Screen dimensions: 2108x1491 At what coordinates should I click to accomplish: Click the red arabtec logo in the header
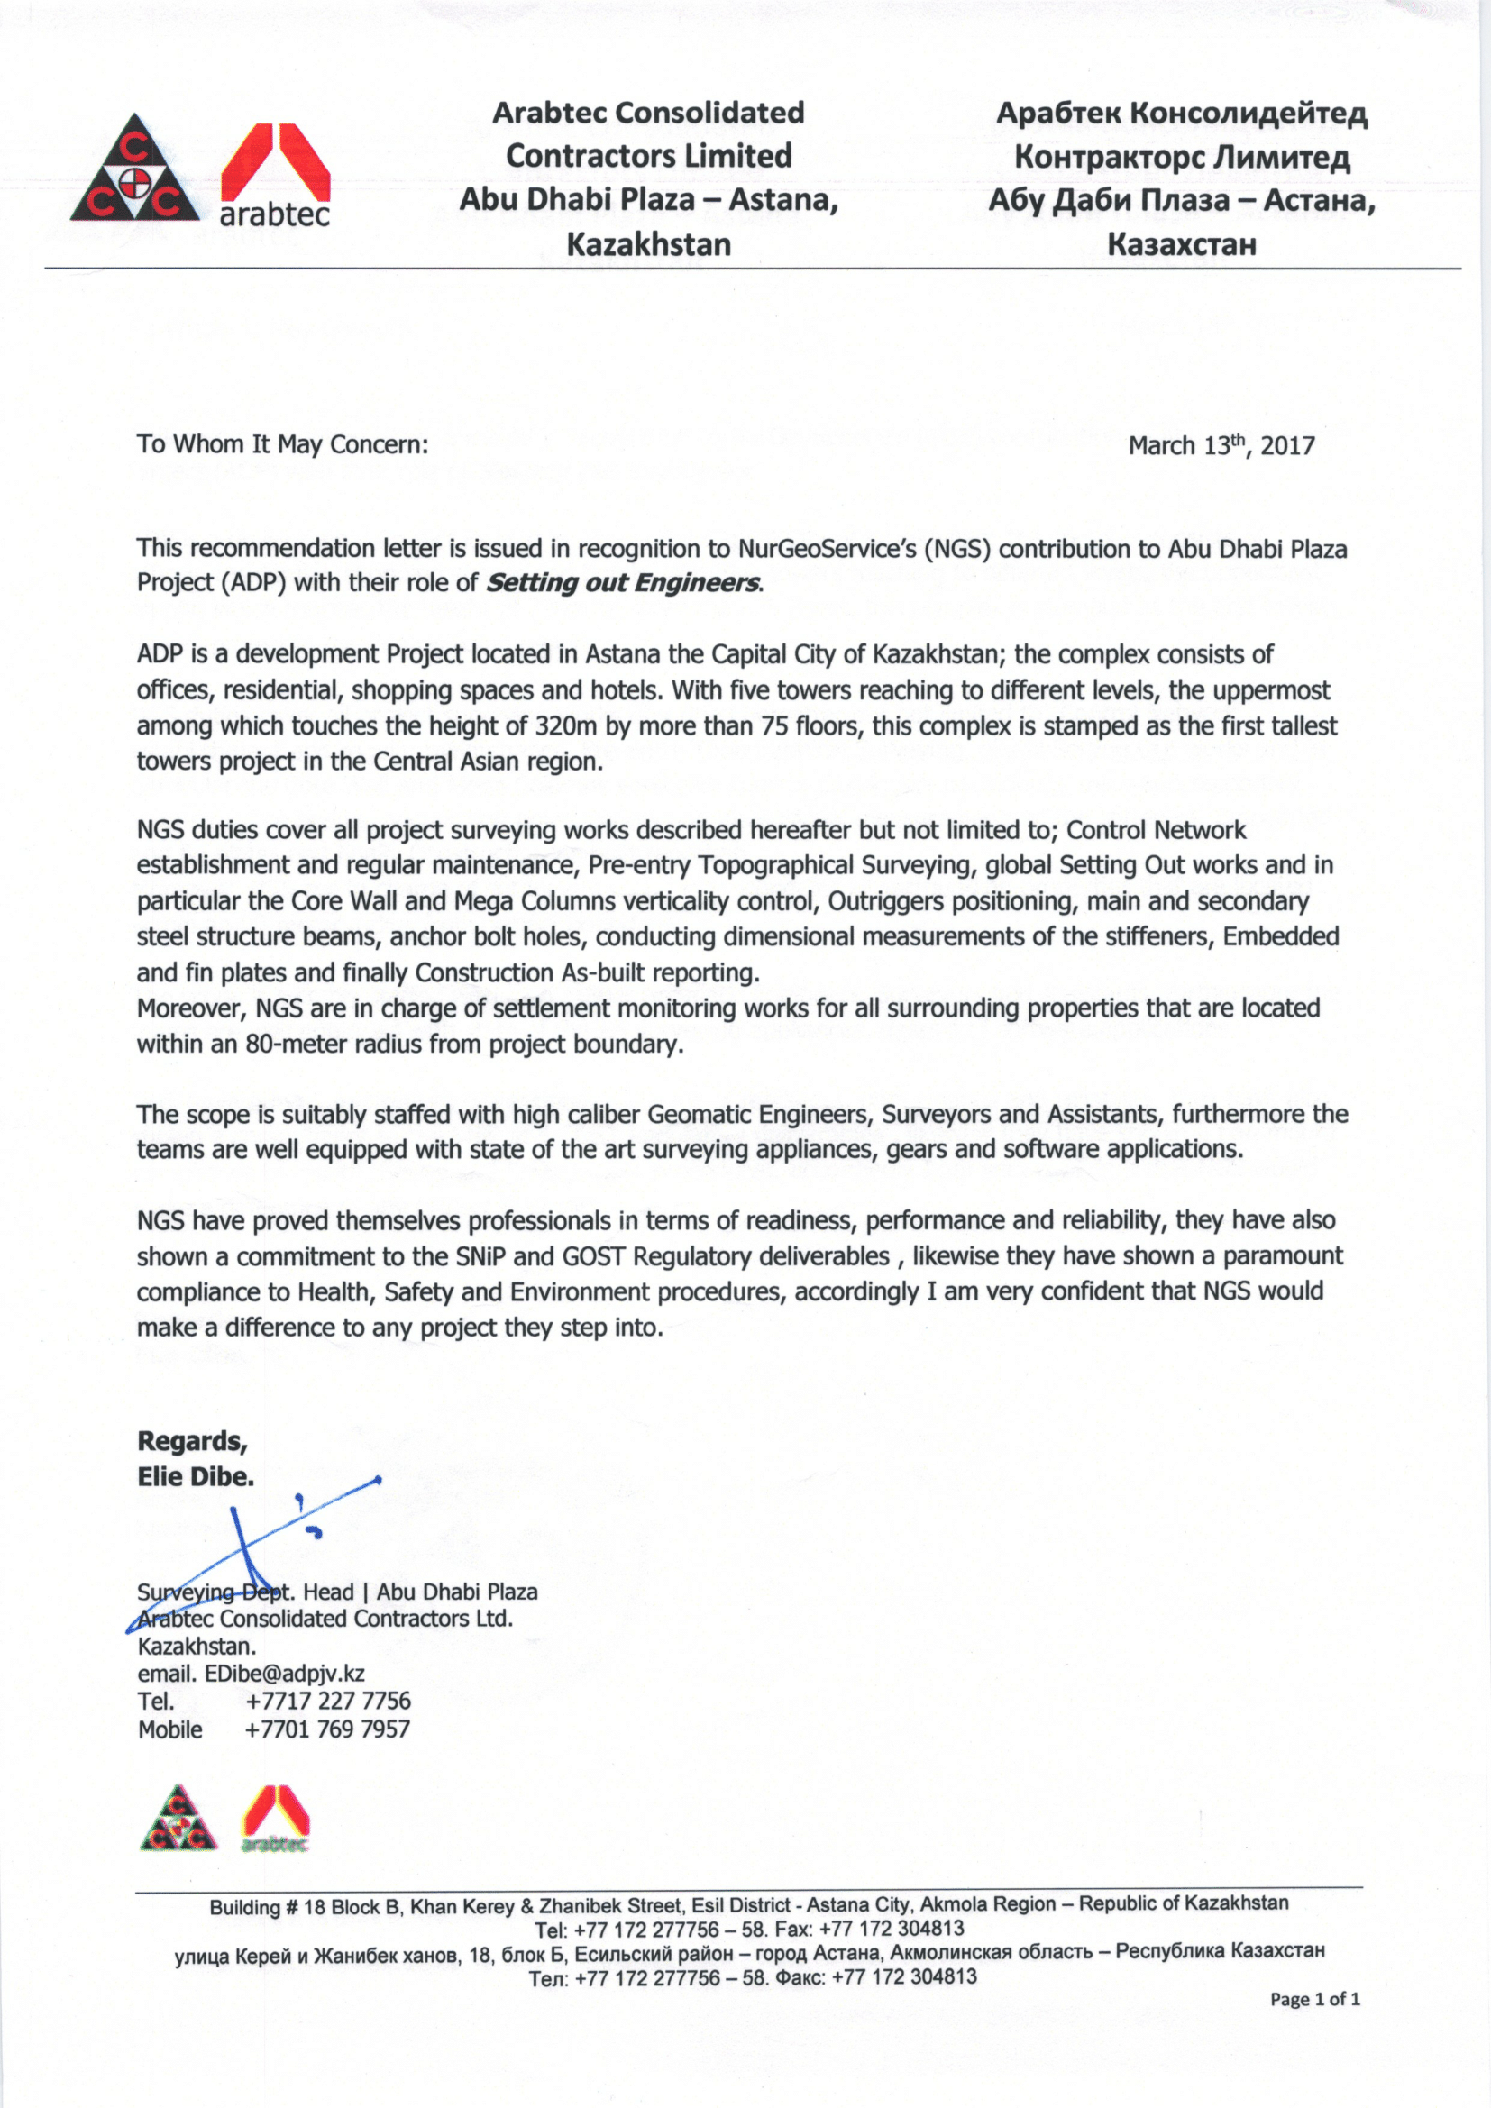(x=278, y=175)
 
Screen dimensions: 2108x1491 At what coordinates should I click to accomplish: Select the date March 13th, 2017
(x=1221, y=446)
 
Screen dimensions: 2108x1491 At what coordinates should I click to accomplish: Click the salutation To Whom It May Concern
(x=282, y=445)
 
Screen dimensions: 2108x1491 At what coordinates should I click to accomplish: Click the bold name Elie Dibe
(x=196, y=1476)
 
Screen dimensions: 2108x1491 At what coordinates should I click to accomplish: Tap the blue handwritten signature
(x=257, y=1552)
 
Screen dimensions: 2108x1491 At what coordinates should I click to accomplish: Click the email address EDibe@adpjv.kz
(x=285, y=1674)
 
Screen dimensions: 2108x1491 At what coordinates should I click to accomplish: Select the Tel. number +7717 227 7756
(x=328, y=1702)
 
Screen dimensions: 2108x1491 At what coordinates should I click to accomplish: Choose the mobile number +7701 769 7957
(x=327, y=1729)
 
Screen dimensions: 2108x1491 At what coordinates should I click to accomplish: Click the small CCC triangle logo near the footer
(x=179, y=1819)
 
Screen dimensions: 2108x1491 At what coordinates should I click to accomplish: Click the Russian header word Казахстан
(x=1182, y=245)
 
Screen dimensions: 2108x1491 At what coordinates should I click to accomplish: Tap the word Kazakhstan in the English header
(x=648, y=245)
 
